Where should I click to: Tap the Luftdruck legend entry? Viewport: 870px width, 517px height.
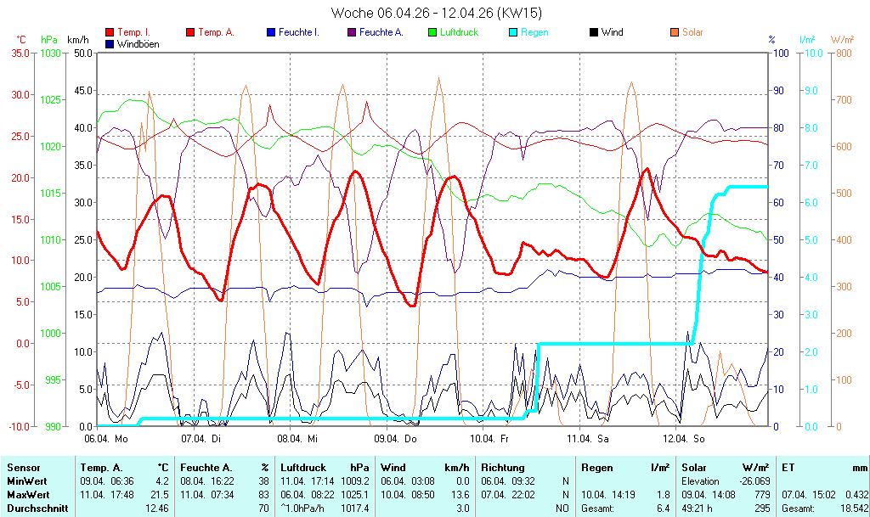459,32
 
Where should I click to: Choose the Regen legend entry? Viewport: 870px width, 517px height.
534,32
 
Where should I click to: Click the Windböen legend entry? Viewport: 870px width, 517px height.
138,44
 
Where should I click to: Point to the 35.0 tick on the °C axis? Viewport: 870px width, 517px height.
19,53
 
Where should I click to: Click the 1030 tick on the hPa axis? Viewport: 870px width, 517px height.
51,53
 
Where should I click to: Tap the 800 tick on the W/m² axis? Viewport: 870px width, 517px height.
842,53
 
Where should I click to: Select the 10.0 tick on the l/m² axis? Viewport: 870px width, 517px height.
811,53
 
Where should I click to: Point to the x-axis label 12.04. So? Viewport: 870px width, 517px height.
685,439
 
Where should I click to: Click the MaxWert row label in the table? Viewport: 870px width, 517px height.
27,494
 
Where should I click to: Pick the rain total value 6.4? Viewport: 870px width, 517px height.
662,508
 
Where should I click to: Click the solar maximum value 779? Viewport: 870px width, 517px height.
762,494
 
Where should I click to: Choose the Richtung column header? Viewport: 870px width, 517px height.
503,468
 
